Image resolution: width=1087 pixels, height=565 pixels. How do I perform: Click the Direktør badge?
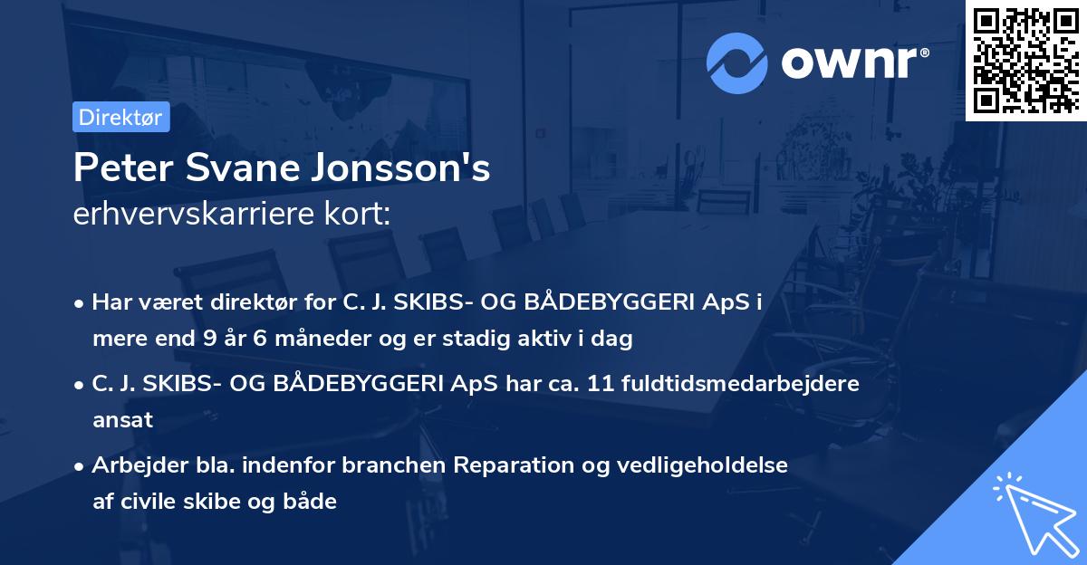click(120, 118)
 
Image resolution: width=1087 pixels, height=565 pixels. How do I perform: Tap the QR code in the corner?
click(1025, 61)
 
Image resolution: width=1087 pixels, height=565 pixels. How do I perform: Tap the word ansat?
click(122, 420)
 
